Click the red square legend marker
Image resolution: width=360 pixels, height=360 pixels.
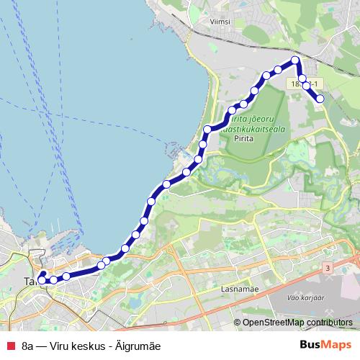pyautogui.click(x=10, y=346)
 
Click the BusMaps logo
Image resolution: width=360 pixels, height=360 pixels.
pyautogui.click(x=325, y=345)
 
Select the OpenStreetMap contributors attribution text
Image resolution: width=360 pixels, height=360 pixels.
pyautogui.click(x=298, y=322)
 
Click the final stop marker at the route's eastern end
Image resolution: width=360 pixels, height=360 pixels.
pyautogui.click(x=320, y=99)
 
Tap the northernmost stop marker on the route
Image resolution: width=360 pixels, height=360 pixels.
pyautogui.click(x=295, y=60)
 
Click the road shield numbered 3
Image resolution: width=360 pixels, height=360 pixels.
pyautogui.click(x=328, y=268)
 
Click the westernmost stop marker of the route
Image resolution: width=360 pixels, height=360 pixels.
pyautogui.click(x=41, y=281)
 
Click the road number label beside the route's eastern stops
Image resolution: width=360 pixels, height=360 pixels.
pyautogui.click(x=297, y=84)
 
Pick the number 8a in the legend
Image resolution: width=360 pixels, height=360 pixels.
pyautogui.click(x=28, y=346)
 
